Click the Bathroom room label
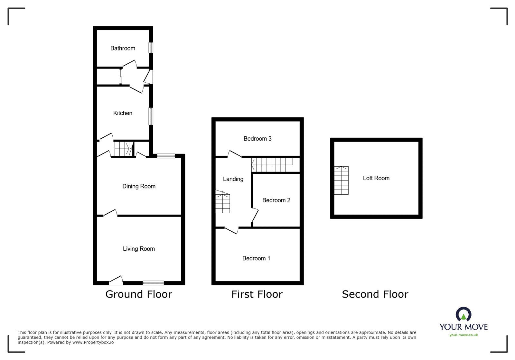(x=123, y=48)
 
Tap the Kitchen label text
(x=123, y=113)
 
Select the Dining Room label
(x=139, y=186)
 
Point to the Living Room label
(x=139, y=249)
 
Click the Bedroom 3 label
(x=257, y=139)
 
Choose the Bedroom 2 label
(x=276, y=200)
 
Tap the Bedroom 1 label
(x=256, y=258)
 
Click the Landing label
(x=233, y=179)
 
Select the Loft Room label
(x=376, y=178)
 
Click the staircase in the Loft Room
(x=341, y=180)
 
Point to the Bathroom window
(x=150, y=48)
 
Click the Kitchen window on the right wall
(x=150, y=116)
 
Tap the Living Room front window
(x=153, y=283)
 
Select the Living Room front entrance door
(x=116, y=281)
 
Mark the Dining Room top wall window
(x=166, y=156)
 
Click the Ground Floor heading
(x=139, y=294)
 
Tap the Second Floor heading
(x=375, y=294)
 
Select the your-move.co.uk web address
(x=464, y=335)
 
